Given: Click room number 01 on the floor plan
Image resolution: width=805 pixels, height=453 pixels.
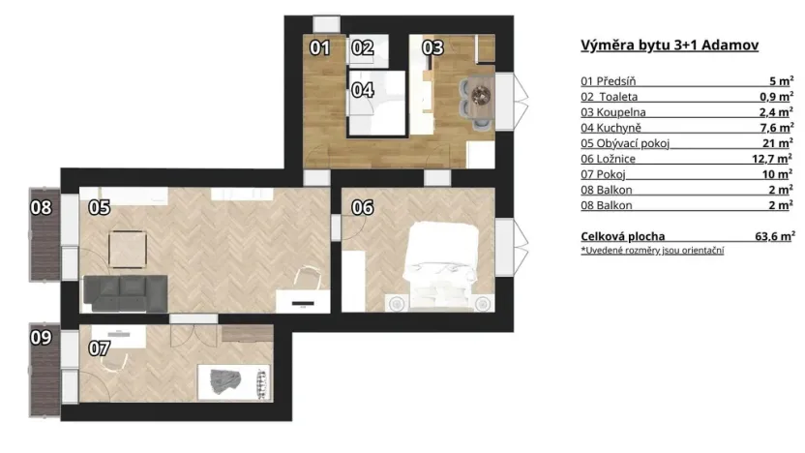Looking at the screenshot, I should tap(319, 47).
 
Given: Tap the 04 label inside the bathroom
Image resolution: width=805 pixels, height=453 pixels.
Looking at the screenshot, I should tap(362, 90).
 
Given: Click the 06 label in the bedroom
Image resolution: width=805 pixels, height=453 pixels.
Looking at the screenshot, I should tap(362, 206).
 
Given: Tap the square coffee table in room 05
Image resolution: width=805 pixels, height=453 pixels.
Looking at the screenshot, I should tap(129, 251).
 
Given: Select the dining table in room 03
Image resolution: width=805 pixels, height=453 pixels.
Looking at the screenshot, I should tap(478, 94).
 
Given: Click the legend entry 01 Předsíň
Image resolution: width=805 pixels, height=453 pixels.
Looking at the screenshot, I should tap(607, 81).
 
